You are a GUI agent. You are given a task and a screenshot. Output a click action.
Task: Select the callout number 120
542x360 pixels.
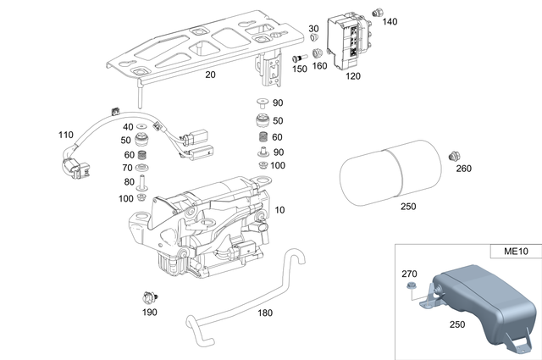click(x=352, y=75)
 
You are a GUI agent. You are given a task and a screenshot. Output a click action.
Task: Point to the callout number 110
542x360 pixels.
click(x=66, y=135)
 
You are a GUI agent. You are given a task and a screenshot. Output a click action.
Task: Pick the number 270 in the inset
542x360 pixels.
click(x=409, y=274)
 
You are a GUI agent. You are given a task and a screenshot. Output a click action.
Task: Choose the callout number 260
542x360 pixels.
click(x=463, y=168)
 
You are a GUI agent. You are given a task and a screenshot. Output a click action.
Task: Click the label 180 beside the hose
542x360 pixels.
click(x=264, y=313)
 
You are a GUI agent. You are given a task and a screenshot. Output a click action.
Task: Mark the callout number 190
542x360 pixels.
click(x=149, y=313)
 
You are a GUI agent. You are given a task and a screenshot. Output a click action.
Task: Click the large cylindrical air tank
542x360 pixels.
click(x=391, y=174)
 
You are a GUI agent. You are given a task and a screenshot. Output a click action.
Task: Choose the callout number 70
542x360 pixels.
click(x=129, y=169)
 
